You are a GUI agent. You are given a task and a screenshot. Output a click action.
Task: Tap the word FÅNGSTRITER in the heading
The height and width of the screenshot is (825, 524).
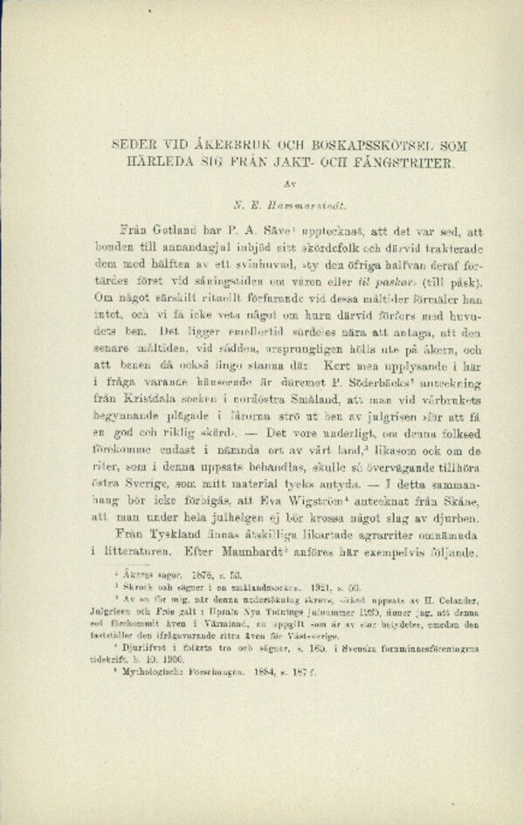click(x=376, y=163)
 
